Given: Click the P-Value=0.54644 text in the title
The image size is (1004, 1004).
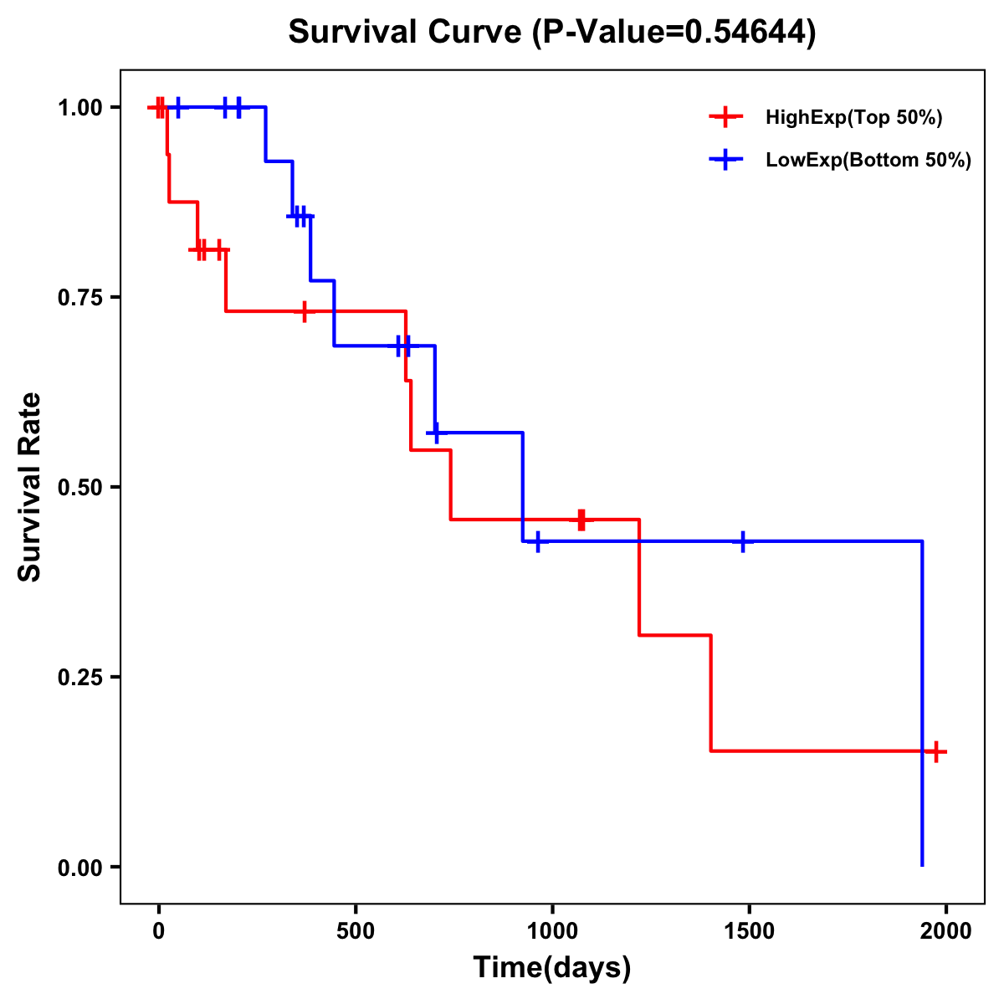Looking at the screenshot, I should (675, 33).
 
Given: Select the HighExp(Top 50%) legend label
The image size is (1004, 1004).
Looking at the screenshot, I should (853, 118).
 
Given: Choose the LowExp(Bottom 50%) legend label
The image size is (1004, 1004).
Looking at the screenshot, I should (868, 161).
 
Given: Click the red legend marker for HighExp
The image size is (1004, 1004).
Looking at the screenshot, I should (725, 117).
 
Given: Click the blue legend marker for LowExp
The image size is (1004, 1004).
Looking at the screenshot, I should (725, 160).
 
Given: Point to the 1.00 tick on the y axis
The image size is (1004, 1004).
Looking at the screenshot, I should (80, 108).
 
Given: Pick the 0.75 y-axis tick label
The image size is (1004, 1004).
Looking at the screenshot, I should (80, 298).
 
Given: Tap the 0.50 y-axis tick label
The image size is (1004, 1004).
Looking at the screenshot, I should (80, 488).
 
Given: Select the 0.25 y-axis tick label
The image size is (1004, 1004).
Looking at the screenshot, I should (80, 678).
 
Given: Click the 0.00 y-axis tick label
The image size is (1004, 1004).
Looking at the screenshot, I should (80, 868).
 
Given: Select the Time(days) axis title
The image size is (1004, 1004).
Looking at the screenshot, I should (552, 968).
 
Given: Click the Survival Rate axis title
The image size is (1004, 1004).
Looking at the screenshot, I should (31, 487).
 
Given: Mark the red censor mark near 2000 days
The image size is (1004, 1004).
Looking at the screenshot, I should (935, 751).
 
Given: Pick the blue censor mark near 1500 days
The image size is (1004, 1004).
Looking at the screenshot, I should (742, 542).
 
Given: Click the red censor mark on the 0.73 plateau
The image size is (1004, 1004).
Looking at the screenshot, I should (304, 311).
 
